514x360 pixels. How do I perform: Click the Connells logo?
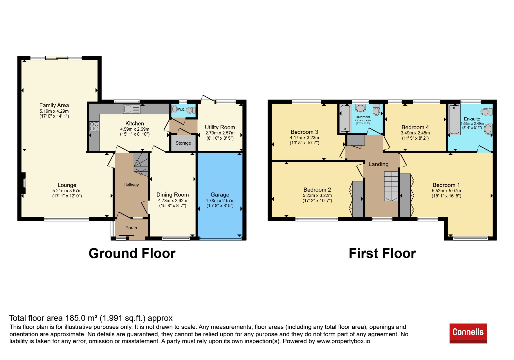[x=468, y=333]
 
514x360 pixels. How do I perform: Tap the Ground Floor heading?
[x=132, y=253]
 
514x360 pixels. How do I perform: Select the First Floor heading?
[x=382, y=253]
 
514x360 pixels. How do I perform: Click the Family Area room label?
[x=54, y=105]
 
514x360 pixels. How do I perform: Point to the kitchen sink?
[x=132, y=109]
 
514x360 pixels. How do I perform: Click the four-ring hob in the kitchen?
[x=94, y=126]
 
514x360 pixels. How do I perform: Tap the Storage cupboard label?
[x=183, y=143]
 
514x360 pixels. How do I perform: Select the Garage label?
[x=220, y=195]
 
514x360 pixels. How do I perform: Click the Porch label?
[x=131, y=228]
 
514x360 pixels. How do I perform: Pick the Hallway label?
[x=131, y=185]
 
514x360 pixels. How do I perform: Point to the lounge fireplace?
[x=23, y=183]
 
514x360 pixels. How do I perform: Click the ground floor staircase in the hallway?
[x=141, y=164]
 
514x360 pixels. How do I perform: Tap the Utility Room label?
[x=220, y=127]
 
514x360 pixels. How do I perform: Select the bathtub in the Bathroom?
[x=345, y=118]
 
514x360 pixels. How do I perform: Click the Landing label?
[x=378, y=164]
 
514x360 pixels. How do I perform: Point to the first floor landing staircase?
[x=391, y=186]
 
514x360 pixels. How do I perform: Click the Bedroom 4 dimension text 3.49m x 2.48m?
[x=415, y=133]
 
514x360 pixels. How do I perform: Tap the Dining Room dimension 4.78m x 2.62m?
[x=173, y=201]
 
